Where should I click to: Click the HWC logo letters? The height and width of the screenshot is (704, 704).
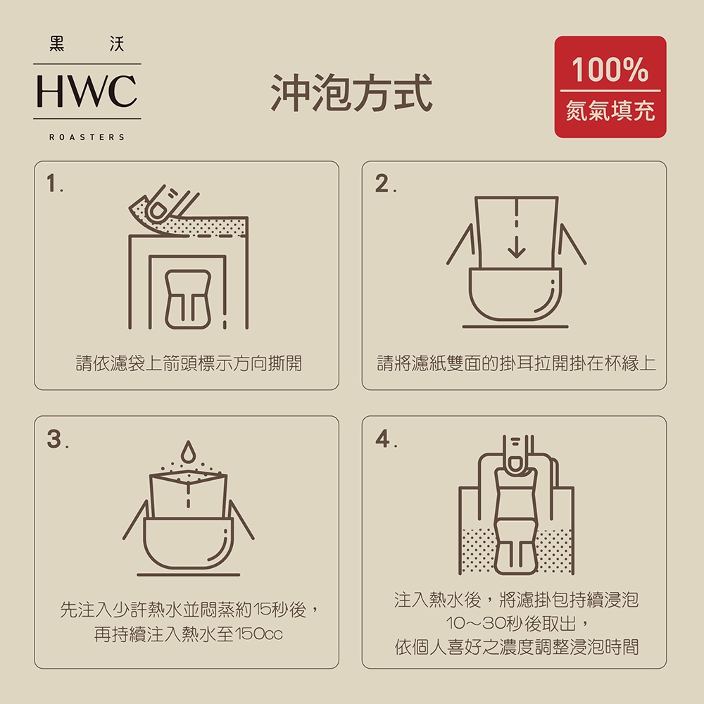tap(87, 91)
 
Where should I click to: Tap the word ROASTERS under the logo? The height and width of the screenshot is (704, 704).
tap(87, 137)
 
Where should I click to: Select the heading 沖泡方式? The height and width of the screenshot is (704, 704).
tap(351, 93)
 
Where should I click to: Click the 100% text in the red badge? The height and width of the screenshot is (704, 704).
tap(610, 70)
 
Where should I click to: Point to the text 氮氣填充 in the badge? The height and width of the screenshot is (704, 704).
tap(610, 111)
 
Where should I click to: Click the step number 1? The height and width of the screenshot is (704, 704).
tap(54, 183)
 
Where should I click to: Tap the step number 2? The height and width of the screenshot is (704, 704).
tap(385, 184)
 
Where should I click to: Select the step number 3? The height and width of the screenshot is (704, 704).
tap(57, 439)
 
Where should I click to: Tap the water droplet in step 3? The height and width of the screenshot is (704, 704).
tap(188, 452)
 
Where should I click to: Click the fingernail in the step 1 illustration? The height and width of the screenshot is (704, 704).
tap(158, 210)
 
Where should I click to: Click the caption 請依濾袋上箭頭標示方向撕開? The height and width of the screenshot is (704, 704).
tap(189, 363)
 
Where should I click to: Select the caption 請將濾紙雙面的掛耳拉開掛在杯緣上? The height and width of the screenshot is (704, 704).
tap(516, 363)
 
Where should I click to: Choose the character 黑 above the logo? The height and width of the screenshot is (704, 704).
tap(57, 44)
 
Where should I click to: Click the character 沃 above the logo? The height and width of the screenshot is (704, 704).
tap(117, 44)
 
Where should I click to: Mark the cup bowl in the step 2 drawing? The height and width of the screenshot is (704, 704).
tap(515, 294)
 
